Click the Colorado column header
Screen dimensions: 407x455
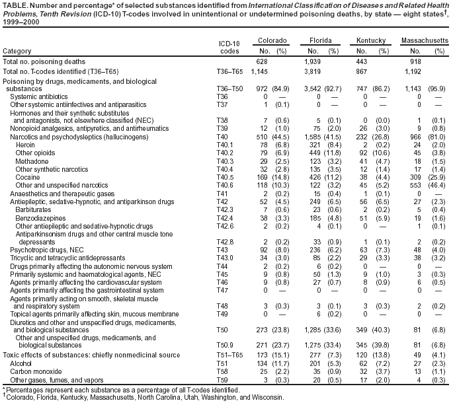pos(268,41)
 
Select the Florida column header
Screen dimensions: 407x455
pos(321,41)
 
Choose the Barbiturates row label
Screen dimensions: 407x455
pos(32,207)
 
